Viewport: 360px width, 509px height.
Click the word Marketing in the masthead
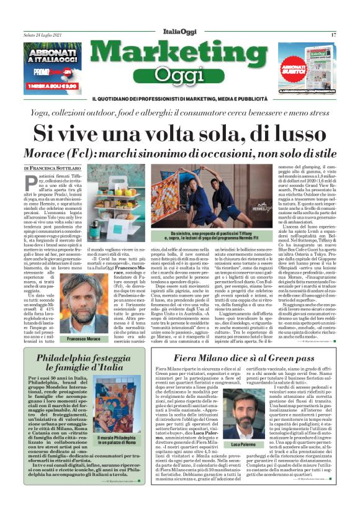(x=179, y=55)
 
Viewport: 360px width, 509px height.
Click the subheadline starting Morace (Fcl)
(x=179, y=153)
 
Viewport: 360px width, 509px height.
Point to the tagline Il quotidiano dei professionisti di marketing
(x=179, y=99)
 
